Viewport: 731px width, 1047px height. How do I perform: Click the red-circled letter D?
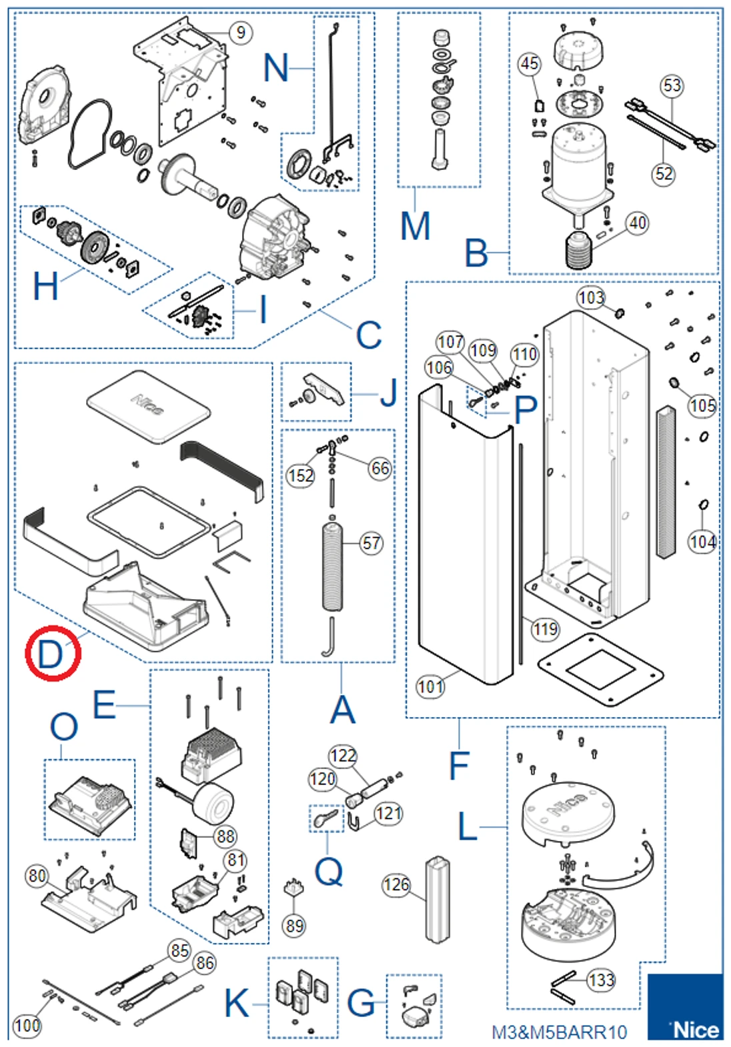pyautogui.click(x=52, y=654)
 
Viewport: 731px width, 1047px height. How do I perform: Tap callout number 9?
pyautogui.click(x=241, y=32)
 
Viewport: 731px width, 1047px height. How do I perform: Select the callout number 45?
pyautogui.click(x=529, y=63)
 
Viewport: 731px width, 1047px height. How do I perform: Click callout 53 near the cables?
pyautogui.click(x=672, y=85)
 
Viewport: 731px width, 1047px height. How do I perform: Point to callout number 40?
pyautogui.click(x=638, y=223)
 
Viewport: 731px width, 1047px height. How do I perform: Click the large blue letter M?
pyautogui.click(x=415, y=226)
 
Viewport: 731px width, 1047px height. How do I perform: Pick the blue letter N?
pyautogui.click(x=276, y=67)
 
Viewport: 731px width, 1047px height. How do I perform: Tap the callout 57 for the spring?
pyautogui.click(x=372, y=543)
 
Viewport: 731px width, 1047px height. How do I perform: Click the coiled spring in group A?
pyautogui.click(x=332, y=566)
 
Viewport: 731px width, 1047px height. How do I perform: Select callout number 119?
pyautogui.click(x=545, y=629)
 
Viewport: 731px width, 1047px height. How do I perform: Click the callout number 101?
pyautogui.click(x=430, y=686)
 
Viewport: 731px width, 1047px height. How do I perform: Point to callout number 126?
pyautogui.click(x=396, y=884)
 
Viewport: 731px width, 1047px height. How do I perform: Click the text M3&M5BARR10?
pyautogui.click(x=559, y=1032)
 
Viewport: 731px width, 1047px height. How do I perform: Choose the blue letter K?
pyautogui.click(x=237, y=1003)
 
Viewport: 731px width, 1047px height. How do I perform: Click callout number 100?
pyautogui.click(x=27, y=1025)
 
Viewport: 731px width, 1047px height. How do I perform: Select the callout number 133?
pyautogui.click(x=601, y=980)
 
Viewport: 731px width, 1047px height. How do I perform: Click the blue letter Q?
pyautogui.click(x=329, y=870)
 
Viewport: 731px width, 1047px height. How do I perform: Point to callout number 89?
pyautogui.click(x=294, y=925)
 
